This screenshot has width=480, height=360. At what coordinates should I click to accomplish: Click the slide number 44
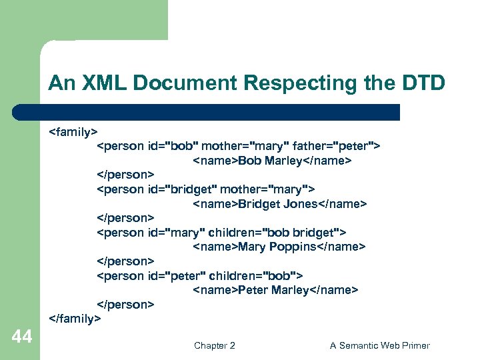22,337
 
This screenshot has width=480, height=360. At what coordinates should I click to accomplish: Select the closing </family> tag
75,319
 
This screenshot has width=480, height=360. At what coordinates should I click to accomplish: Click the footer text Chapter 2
214,345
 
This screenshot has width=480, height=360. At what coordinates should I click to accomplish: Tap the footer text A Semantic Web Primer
379,345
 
